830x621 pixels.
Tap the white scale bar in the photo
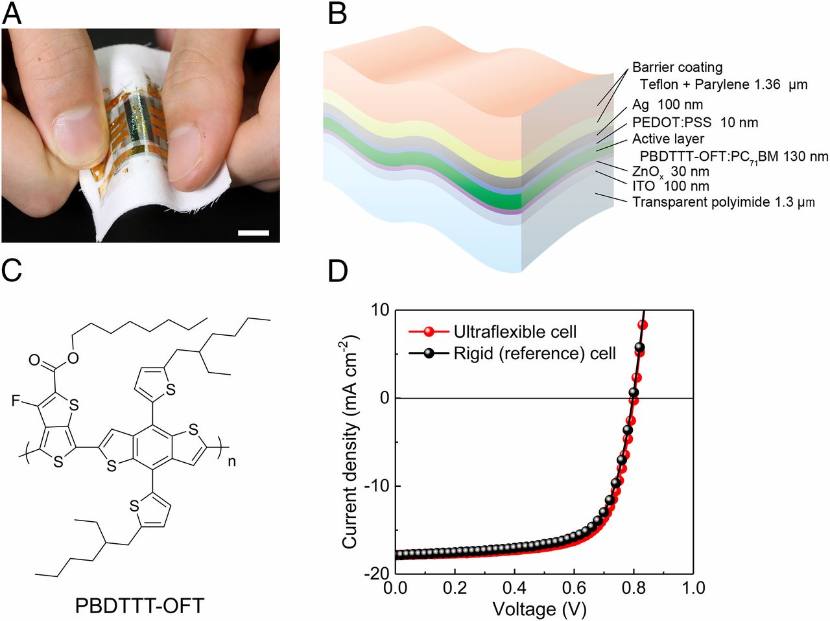pyautogui.click(x=254, y=233)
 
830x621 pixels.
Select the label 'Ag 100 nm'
pyautogui.click(x=667, y=104)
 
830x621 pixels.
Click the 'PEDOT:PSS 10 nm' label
pyautogui.click(x=695, y=123)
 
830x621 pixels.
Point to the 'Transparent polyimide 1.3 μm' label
pyautogui.click(x=724, y=202)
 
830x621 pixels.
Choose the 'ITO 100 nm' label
pyautogui.click(x=670, y=186)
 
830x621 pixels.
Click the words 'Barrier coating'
pyautogui.click(x=677, y=67)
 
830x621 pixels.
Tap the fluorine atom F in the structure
pyautogui.click(x=16, y=401)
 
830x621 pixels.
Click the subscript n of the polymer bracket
pyautogui.click(x=231, y=462)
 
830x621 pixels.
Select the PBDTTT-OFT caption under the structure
pyautogui.click(x=139, y=605)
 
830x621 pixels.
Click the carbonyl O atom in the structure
pyautogui.click(x=34, y=360)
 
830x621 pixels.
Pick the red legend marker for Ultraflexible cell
pyautogui.click(x=429, y=332)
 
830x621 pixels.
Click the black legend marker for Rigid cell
pyautogui.click(x=429, y=354)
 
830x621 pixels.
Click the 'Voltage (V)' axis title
pyautogui.click(x=539, y=609)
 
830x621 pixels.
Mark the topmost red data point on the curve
pyautogui.click(x=643, y=325)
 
